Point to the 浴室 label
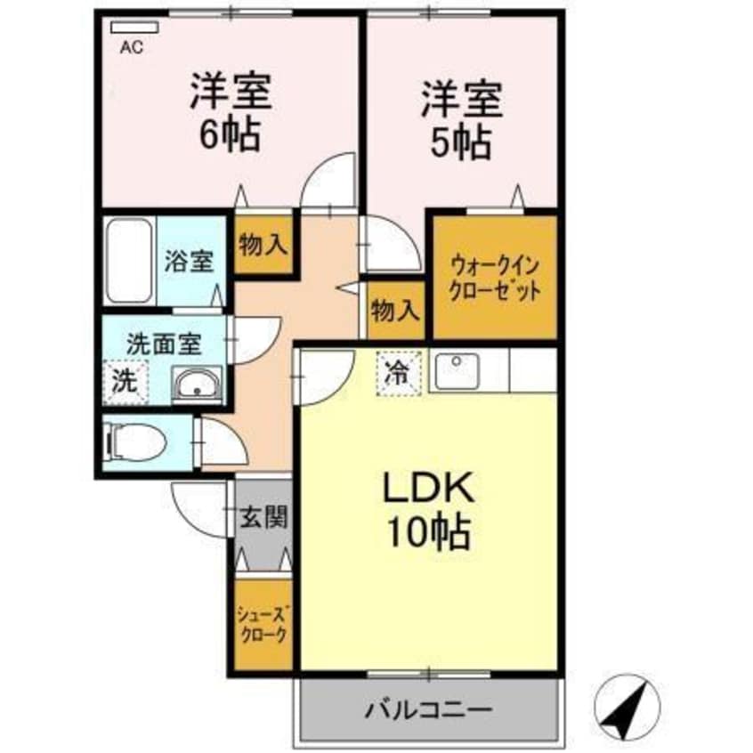189,263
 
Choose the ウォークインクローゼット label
495,277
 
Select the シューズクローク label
263,623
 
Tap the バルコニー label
428,711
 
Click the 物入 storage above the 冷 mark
395,311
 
